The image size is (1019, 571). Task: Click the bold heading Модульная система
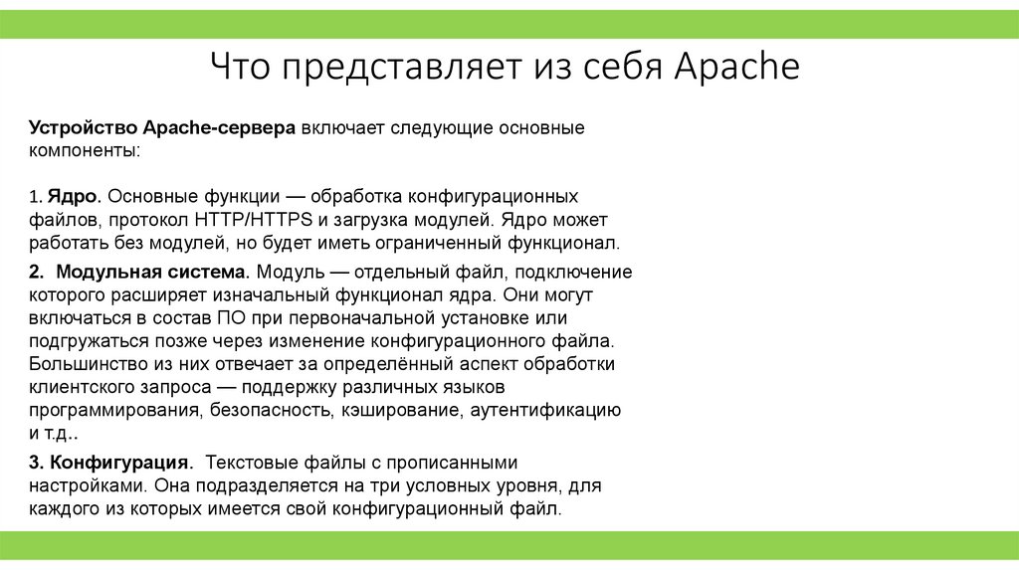(152, 271)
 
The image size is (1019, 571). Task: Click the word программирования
(116, 409)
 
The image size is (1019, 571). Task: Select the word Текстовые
(250, 463)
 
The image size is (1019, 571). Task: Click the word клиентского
(76, 386)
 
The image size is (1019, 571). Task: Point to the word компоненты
(85, 151)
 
